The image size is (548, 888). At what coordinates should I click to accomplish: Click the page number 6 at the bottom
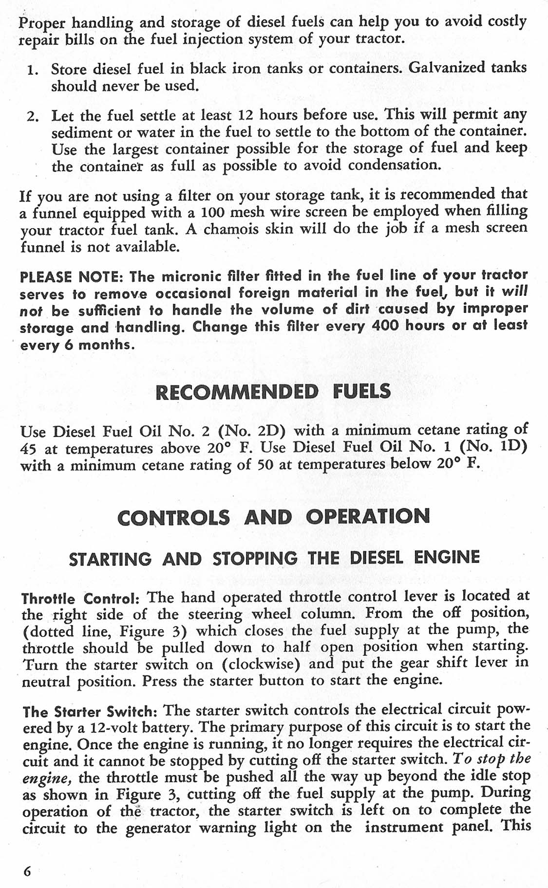(27, 871)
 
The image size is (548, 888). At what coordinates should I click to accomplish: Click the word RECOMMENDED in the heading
(237, 392)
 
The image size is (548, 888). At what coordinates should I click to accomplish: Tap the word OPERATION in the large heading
(368, 516)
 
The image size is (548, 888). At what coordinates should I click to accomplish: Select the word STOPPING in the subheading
(255, 558)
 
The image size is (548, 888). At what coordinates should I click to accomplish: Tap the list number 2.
(33, 117)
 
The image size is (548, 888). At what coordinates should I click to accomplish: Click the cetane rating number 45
(29, 449)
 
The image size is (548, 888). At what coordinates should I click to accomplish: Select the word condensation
(395, 165)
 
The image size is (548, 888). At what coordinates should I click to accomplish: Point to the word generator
(158, 828)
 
